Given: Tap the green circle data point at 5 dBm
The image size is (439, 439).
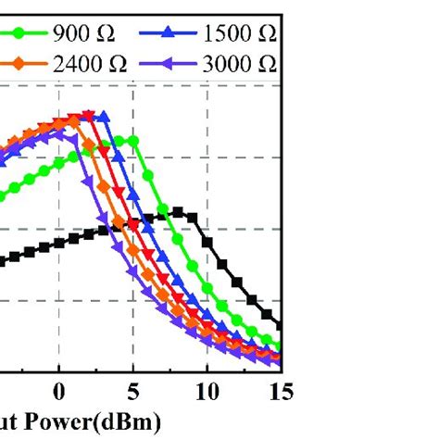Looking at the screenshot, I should (133, 141).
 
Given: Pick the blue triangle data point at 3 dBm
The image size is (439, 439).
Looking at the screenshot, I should (105, 117).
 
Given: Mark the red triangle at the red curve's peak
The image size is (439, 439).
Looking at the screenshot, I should (89, 116).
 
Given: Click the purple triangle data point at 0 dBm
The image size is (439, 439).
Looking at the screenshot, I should (60, 133).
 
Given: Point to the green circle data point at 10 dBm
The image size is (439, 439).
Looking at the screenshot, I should (207, 286).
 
